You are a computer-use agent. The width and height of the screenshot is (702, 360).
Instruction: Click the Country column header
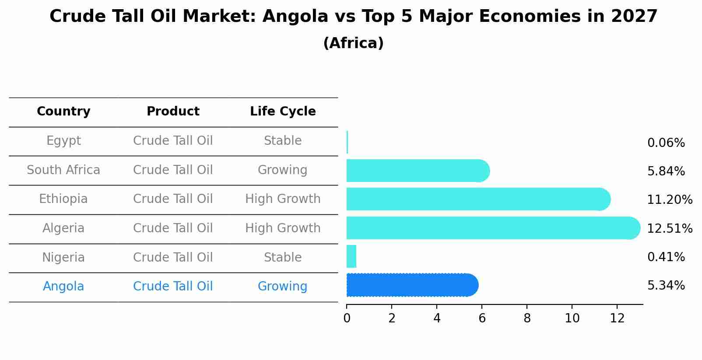[x=63, y=112]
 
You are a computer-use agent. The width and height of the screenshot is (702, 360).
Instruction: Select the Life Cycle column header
[x=283, y=112]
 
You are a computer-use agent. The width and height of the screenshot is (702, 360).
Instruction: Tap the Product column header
[x=173, y=112]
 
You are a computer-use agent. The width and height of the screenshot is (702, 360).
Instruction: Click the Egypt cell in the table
[x=63, y=141]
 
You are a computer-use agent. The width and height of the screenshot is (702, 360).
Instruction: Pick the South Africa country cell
[x=63, y=170]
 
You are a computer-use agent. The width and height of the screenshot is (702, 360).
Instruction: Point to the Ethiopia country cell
[x=63, y=199]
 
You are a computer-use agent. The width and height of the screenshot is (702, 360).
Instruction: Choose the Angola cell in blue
[x=63, y=287]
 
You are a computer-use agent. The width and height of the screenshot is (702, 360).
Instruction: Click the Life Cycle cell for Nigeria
[x=283, y=257]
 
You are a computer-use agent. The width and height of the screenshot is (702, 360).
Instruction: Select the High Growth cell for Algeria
[x=283, y=228]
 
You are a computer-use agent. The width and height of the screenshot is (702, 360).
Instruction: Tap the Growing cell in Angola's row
[x=283, y=287]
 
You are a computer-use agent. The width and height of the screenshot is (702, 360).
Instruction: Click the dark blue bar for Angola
[x=411, y=285]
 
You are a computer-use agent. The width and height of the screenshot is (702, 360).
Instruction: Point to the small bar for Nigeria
[x=351, y=256]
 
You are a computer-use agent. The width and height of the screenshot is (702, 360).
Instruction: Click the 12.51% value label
[x=670, y=229]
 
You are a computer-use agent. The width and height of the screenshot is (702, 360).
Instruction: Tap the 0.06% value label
[x=666, y=143]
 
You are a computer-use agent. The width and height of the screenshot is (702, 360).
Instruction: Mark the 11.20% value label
[x=670, y=200]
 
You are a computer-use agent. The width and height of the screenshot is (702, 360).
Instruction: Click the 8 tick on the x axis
[x=527, y=318]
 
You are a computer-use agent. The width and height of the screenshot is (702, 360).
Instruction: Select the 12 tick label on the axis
[x=617, y=318]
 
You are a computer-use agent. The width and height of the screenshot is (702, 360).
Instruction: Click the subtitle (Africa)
[x=353, y=43]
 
